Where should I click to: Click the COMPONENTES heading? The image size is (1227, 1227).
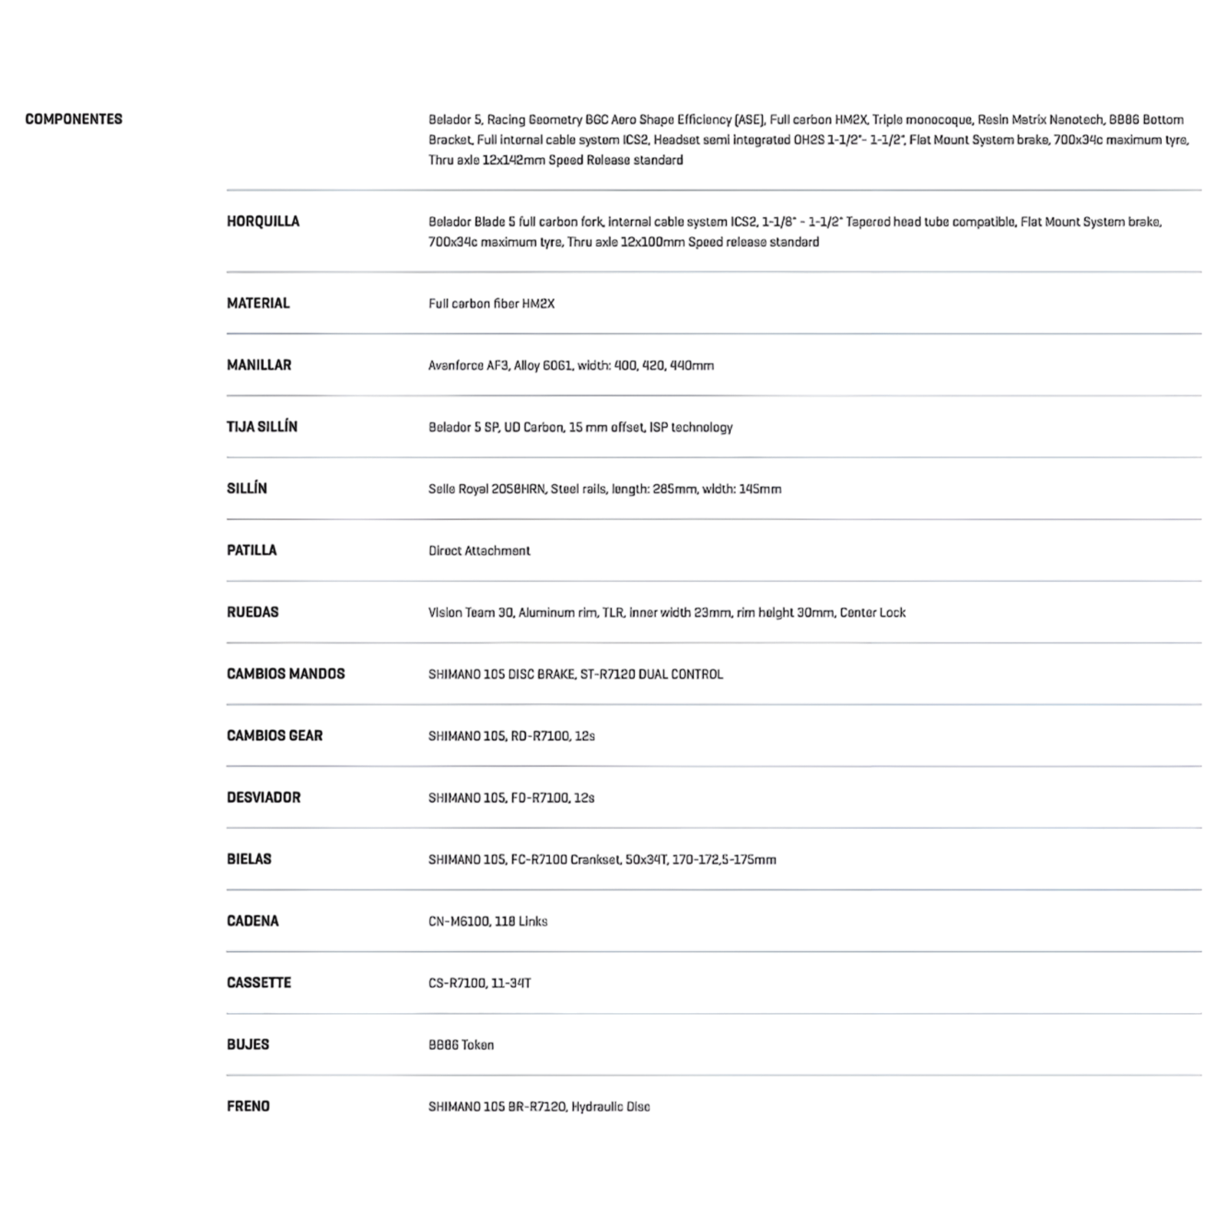click(74, 119)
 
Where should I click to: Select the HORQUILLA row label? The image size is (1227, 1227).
click(263, 222)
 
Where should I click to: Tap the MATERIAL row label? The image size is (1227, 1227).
click(258, 304)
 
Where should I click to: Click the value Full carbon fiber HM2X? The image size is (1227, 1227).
click(491, 304)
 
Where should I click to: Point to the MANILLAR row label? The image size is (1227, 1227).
click(258, 365)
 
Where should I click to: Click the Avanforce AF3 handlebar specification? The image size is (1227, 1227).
click(571, 366)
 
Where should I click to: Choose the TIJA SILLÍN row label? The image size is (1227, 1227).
click(262, 427)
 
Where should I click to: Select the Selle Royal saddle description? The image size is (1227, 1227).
click(604, 489)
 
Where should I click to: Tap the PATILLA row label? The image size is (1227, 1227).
click(252, 551)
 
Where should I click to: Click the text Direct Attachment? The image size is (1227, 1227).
click(479, 551)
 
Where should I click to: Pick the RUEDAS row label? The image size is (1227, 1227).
click(252, 612)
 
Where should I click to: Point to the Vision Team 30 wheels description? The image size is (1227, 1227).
click(666, 613)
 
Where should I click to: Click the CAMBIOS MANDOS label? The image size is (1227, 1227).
click(285, 674)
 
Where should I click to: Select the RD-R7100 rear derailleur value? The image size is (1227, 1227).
click(512, 736)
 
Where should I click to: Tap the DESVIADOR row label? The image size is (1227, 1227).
click(263, 798)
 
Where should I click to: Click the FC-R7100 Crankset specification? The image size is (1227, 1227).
click(602, 860)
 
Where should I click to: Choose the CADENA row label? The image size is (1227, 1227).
click(252, 921)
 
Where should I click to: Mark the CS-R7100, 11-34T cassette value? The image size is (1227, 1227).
click(479, 983)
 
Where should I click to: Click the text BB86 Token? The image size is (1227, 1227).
click(461, 1045)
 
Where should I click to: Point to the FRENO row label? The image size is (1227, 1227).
click(248, 1107)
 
